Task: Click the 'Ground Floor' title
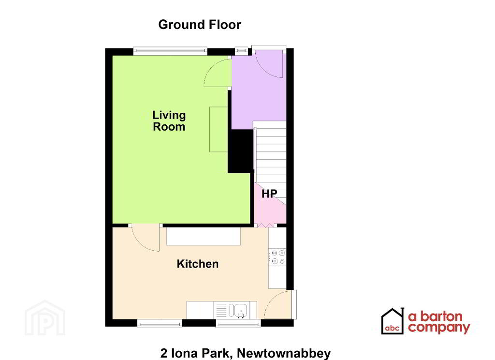199,25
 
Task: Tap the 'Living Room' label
169,121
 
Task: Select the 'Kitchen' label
197,264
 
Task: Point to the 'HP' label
269,195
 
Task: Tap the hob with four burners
278,256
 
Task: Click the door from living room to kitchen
146,239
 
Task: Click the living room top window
170,49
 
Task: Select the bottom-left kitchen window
160,323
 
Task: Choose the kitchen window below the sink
238,323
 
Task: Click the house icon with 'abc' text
393,321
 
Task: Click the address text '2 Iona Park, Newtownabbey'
245,353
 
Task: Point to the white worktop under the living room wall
204,236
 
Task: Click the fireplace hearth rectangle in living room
218,129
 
